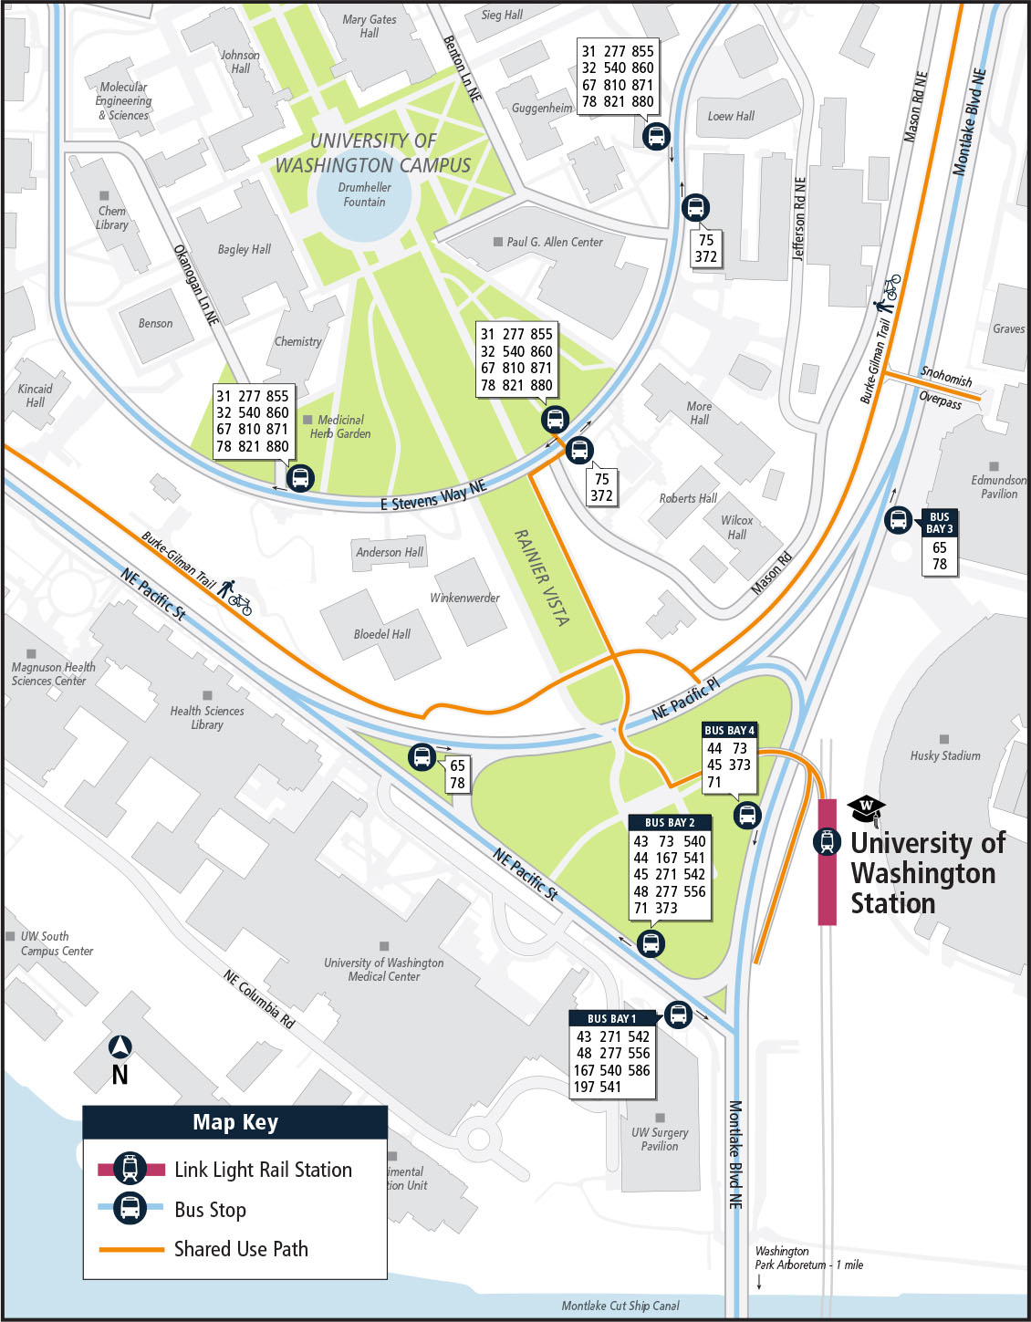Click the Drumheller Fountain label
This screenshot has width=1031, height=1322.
[x=364, y=194]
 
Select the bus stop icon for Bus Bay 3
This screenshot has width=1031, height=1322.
[x=899, y=520]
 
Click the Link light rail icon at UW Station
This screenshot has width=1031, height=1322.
[x=827, y=841]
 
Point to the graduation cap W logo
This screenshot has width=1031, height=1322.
[x=866, y=808]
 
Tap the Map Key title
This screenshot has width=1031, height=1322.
[x=235, y=1122]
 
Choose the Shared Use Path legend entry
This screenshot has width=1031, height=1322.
[x=241, y=1249]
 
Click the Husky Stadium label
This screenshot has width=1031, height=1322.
[x=945, y=755]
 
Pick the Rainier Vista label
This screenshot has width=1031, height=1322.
[x=542, y=578]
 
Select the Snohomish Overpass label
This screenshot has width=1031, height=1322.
[x=943, y=388]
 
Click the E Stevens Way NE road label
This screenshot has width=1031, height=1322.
[x=433, y=495]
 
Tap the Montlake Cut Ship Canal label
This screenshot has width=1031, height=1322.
[x=620, y=1306]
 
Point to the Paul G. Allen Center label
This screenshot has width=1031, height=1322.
[x=554, y=242]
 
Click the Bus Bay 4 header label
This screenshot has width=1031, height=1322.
[x=729, y=731]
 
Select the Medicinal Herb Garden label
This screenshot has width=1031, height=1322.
[x=340, y=427]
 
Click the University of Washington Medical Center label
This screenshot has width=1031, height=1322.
[x=383, y=969]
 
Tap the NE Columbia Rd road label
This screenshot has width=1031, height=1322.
[x=259, y=999]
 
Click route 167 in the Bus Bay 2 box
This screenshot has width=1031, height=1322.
[x=667, y=858]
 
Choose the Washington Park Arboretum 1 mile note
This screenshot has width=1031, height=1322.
[x=807, y=1258]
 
